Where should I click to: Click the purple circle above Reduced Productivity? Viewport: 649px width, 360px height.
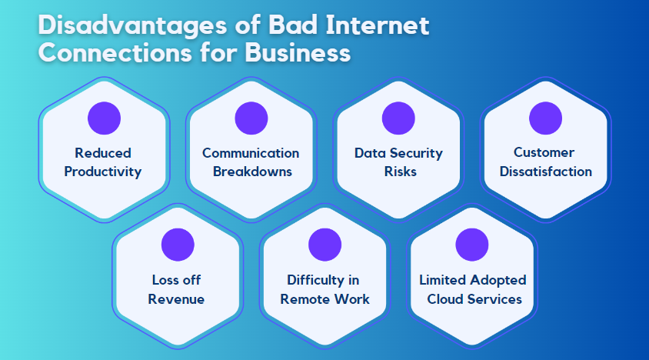[104, 118]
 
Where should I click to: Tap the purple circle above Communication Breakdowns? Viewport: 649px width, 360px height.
[251, 118]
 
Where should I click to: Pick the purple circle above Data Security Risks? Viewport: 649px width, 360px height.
[398, 118]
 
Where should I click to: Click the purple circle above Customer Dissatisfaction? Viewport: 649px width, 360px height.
[545, 118]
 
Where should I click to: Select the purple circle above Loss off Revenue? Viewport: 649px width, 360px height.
[178, 245]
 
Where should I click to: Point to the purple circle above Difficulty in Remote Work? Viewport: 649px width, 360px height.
[324, 245]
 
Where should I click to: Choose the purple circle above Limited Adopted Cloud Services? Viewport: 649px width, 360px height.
[472, 245]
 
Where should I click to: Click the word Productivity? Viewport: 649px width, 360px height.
[103, 172]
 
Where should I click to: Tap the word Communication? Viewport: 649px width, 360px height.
[251, 153]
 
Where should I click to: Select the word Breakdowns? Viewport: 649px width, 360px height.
[251, 172]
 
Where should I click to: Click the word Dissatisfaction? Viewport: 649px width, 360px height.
[546, 172]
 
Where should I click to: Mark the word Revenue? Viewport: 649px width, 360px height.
[177, 298]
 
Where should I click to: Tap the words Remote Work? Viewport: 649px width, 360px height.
[324, 298]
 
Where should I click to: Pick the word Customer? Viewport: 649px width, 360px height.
[544, 153]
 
